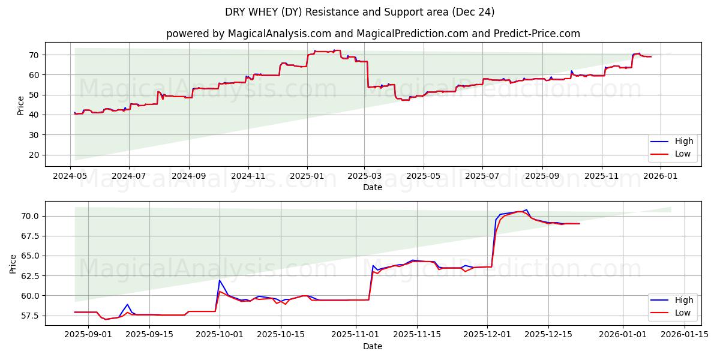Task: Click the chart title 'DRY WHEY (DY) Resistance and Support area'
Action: (x=360, y=12)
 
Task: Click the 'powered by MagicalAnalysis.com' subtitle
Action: (x=373, y=34)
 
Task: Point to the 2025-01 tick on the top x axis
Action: (x=307, y=176)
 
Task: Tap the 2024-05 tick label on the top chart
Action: (x=70, y=176)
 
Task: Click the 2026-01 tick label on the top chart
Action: (x=661, y=176)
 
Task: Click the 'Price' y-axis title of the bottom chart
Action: (x=13, y=263)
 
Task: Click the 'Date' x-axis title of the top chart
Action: (x=373, y=187)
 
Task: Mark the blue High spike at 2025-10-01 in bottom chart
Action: (x=220, y=280)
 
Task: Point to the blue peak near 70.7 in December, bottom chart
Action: (x=526, y=210)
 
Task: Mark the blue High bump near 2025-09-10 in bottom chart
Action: (x=127, y=305)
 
